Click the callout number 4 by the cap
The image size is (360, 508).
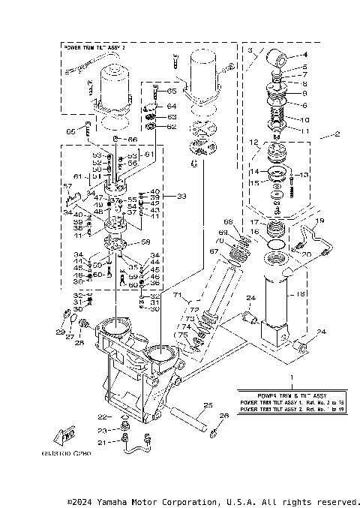(305, 55)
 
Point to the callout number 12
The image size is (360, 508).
(255, 143)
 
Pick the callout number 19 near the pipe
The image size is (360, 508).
(319, 221)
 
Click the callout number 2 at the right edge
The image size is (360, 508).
(337, 136)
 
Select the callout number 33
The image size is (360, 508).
(180, 196)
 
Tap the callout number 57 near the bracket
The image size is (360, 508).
(67, 186)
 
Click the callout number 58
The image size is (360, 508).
(146, 242)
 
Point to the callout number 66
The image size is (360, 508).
(132, 140)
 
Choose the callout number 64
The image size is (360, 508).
(172, 107)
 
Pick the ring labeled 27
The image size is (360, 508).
(68, 324)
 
